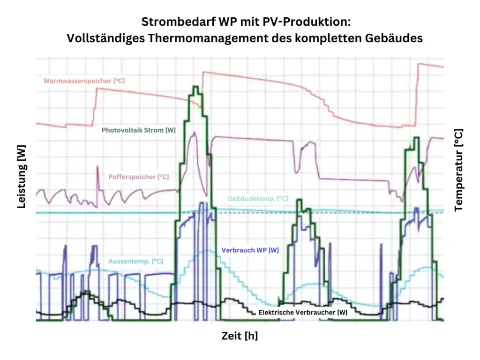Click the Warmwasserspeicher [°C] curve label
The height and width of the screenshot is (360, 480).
84,81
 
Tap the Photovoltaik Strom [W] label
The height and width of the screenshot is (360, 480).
138,130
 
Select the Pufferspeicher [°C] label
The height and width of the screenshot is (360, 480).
138,177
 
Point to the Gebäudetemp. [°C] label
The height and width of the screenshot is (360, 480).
258,199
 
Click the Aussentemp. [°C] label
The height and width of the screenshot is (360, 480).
135,261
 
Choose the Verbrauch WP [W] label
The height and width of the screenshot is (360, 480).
249,250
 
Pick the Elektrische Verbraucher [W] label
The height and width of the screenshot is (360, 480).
303,312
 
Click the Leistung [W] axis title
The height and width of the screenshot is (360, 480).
21,176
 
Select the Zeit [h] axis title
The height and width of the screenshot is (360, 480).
240,336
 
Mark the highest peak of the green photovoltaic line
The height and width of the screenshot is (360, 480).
196,87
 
